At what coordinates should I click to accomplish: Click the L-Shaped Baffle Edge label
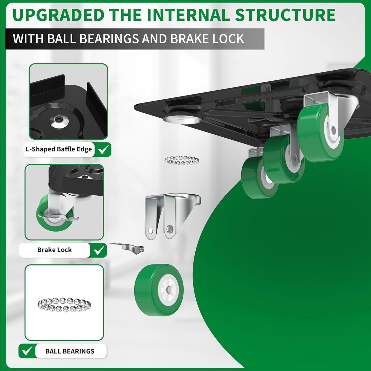pyautogui.click(x=59, y=149)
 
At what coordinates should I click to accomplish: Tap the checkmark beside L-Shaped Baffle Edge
pyautogui.click(x=103, y=149)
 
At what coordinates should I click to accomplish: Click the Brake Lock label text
pyautogui.click(x=54, y=250)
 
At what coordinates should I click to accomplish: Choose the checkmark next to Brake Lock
pyautogui.click(x=99, y=250)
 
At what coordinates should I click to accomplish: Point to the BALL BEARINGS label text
pyautogui.click(x=70, y=351)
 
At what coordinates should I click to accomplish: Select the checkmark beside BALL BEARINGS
pyautogui.click(x=27, y=351)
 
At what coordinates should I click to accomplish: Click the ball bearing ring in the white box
pyautogui.click(x=64, y=305)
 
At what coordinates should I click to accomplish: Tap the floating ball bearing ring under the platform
pyautogui.click(x=182, y=160)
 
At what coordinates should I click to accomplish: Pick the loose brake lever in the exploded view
pyautogui.click(x=128, y=247)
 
